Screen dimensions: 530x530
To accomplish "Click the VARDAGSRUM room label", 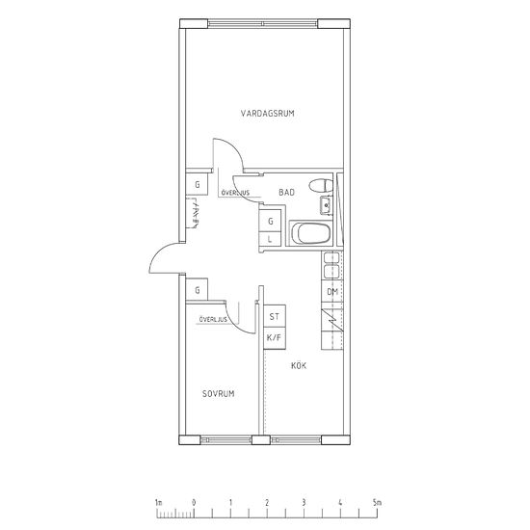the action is click(x=267, y=114).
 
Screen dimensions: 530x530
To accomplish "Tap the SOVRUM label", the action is click(x=219, y=393).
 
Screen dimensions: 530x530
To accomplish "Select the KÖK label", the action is click(x=299, y=365).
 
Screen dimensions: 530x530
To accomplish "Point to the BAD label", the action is click(x=286, y=193).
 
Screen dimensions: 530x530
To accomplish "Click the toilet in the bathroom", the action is click(x=321, y=186).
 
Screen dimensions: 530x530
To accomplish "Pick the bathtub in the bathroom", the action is click(x=310, y=233).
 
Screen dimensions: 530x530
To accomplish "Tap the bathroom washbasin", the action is click(x=326, y=205).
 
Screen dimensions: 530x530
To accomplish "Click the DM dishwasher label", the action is click(x=332, y=292).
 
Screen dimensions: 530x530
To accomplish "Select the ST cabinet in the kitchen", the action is click(x=275, y=316).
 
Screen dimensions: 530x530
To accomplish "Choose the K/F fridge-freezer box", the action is click(x=275, y=338).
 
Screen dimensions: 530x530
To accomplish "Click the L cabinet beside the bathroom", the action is click(x=270, y=239).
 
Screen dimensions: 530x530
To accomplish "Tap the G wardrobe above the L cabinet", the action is click(x=270, y=221).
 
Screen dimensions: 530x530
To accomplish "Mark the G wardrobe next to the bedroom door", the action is click(x=197, y=290).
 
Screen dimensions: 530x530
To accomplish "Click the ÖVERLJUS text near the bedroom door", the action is click(x=213, y=319).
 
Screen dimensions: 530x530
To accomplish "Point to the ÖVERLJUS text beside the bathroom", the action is click(x=235, y=193).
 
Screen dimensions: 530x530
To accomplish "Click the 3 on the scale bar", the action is click(x=304, y=503).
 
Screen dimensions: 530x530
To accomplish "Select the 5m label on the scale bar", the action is click(x=377, y=503).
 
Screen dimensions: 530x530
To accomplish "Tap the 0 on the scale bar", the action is click(x=194, y=503).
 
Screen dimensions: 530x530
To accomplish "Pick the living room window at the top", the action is click(x=263, y=24).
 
